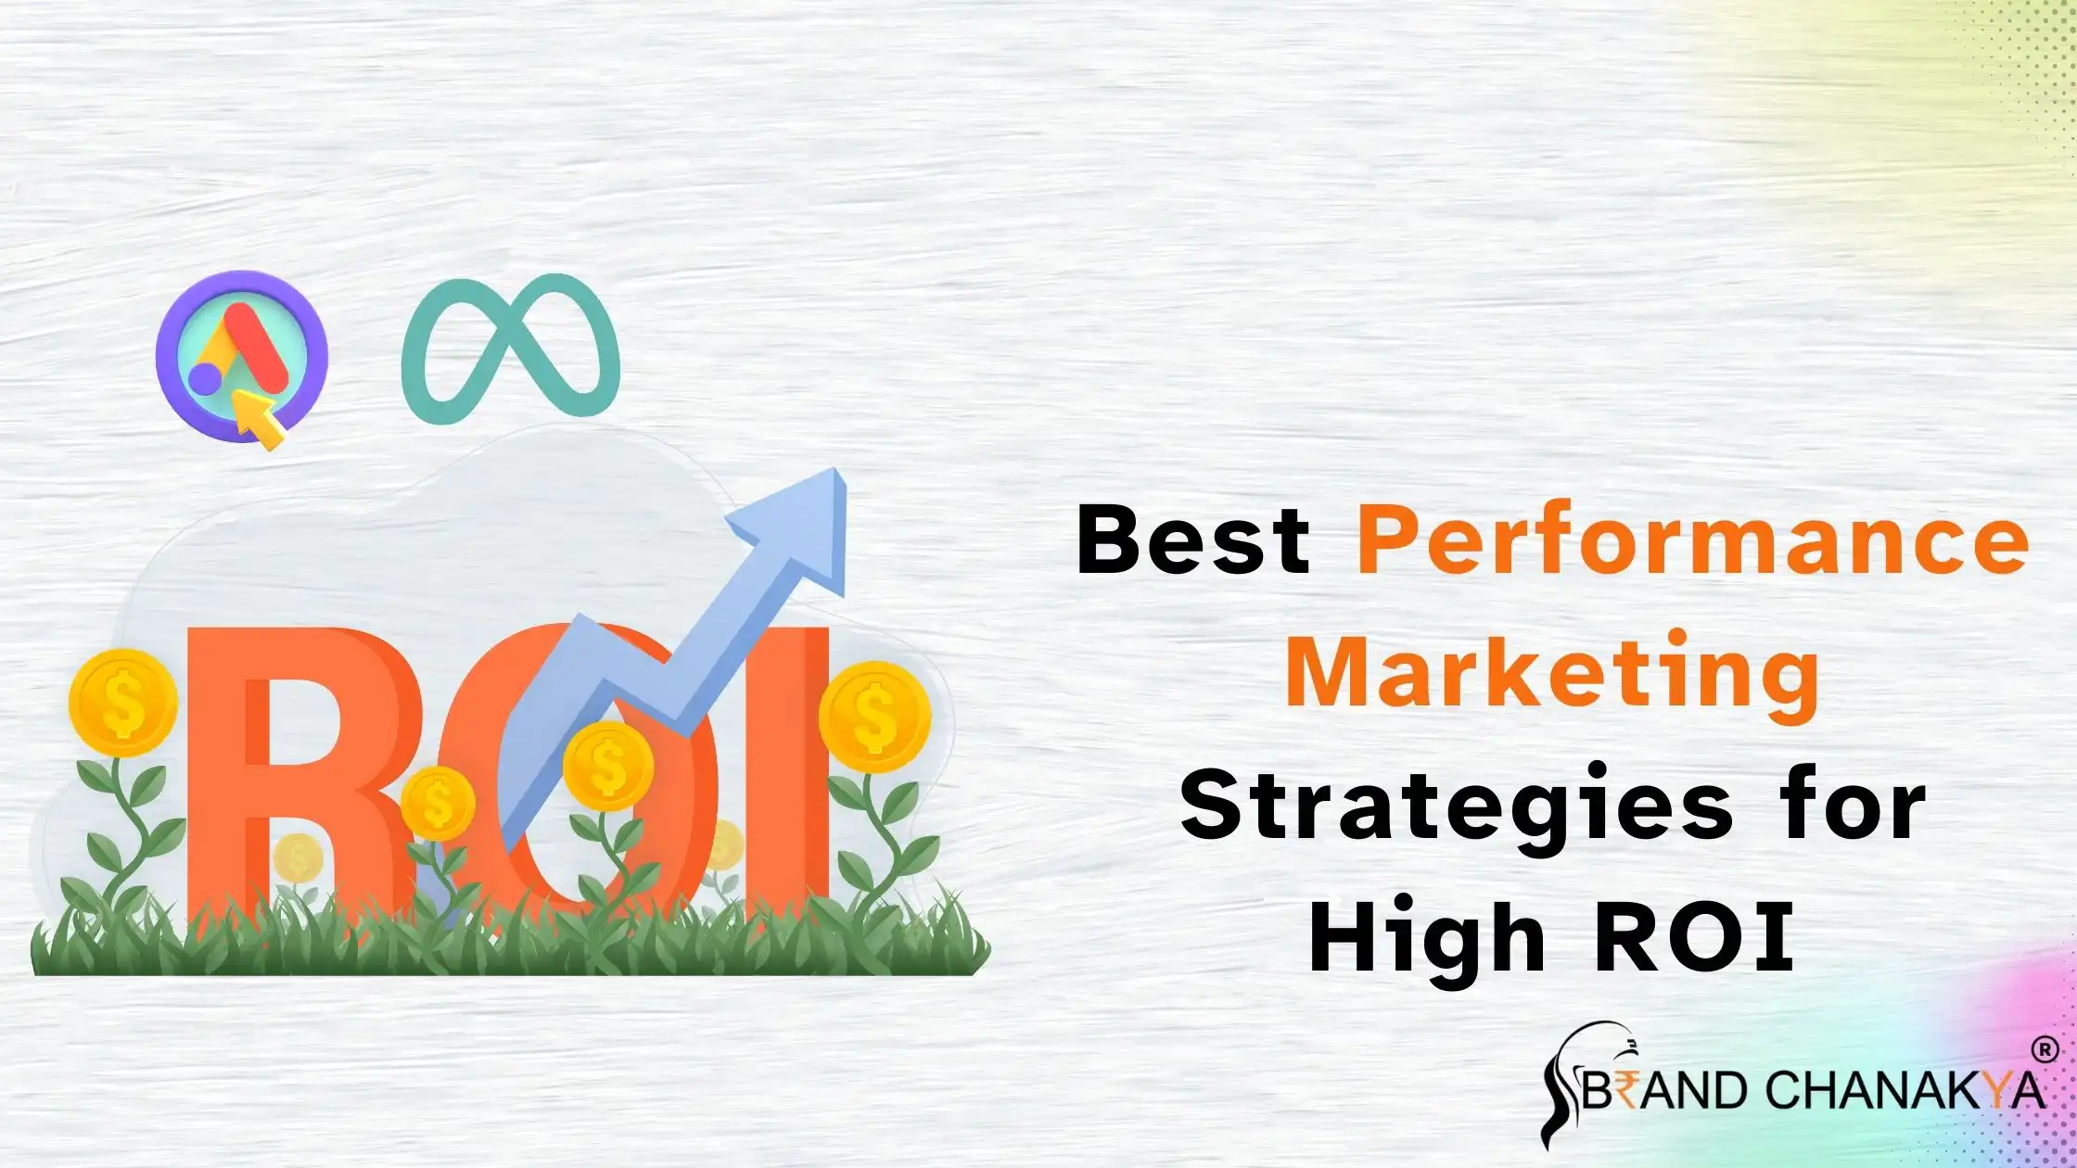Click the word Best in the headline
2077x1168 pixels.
pyautogui.click(x=1192, y=540)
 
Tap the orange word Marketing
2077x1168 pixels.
pyautogui.click(x=1552, y=675)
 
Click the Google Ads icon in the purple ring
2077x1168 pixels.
pyautogui.click(x=241, y=352)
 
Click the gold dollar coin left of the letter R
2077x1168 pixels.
pyautogui.click(x=122, y=702)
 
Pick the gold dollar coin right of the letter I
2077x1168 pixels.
pyautogui.click(x=873, y=716)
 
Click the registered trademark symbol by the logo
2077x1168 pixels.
pyautogui.click(x=2044, y=1050)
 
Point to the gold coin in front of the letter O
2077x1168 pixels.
pyautogui.click(x=607, y=766)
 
